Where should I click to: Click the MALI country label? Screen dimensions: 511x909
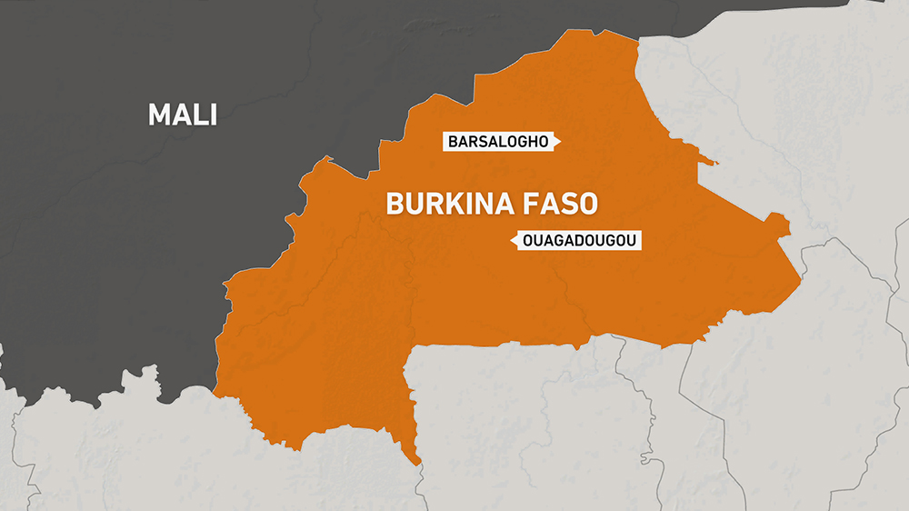[x=182, y=115]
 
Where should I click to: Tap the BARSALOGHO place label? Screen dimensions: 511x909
[x=498, y=142]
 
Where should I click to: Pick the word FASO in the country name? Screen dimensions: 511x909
[x=565, y=204]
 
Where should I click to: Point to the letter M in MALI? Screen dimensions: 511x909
[x=159, y=115]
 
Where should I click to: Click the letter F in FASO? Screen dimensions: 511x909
[x=542, y=204]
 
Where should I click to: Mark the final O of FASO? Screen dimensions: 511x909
[x=589, y=204]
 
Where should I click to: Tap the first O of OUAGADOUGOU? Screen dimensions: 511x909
[x=528, y=241]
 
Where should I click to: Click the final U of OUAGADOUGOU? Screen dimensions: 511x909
[x=634, y=241]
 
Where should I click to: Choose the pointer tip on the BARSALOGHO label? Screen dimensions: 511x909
[x=560, y=142]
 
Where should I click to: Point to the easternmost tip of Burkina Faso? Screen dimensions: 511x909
[x=800, y=273]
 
